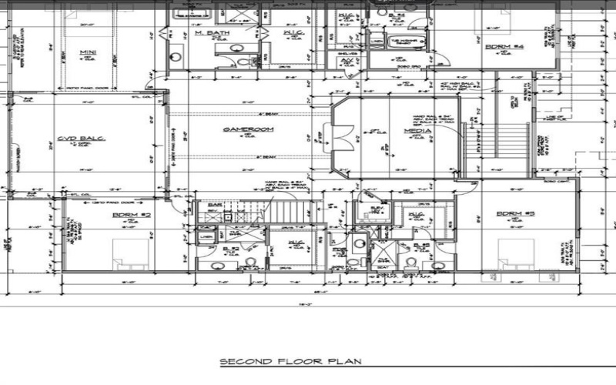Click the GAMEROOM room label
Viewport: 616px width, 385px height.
(x=239, y=130)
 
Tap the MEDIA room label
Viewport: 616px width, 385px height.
(x=417, y=131)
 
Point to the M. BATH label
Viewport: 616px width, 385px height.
(x=209, y=33)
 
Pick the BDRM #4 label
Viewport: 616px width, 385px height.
(x=504, y=47)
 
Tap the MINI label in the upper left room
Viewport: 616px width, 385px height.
(x=87, y=54)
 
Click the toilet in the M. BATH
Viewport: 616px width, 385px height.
(x=241, y=63)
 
